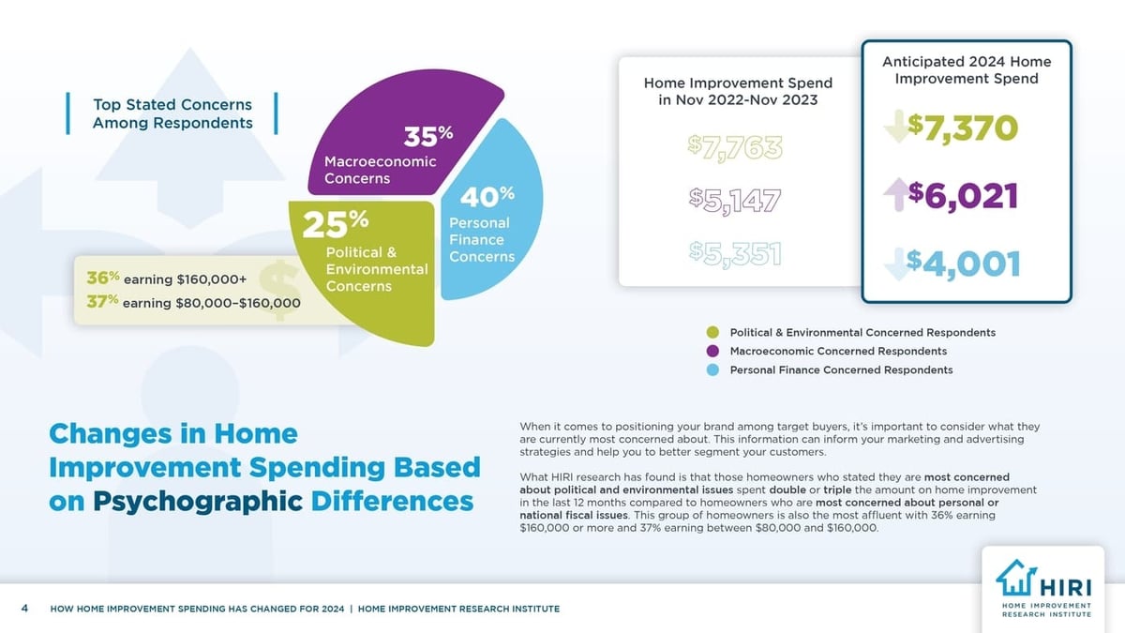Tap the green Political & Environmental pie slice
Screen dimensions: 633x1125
coord(375,281)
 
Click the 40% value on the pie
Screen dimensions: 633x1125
coord(487,197)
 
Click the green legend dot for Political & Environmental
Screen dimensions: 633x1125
coord(712,333)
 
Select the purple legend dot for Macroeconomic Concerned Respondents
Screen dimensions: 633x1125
coord(712,352)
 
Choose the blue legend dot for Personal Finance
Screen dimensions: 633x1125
coord(712,370)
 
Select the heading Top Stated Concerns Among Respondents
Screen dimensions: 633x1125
coord(172,113)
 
